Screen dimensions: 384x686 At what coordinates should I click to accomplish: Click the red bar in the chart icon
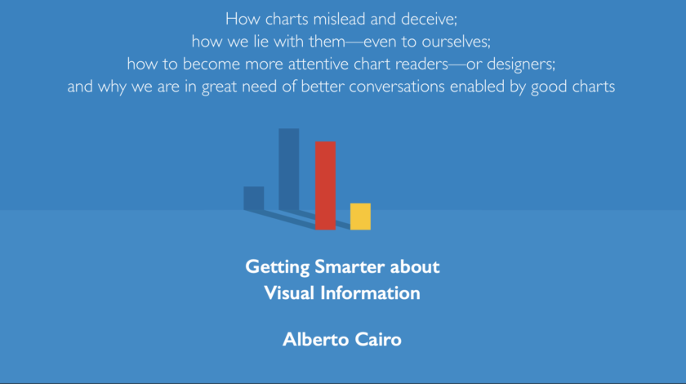pyautogui.click(x=325, y=185)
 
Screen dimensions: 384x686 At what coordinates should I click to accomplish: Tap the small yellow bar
pyautogui.click(x=360, y=217)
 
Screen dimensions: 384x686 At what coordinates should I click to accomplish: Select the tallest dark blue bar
pyautogui.click(x=288, y=169)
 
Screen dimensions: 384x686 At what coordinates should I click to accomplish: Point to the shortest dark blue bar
pyautogui.click(x=253, y=198)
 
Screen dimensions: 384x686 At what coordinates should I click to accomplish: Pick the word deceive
pyautogui.click(x=434, y=18)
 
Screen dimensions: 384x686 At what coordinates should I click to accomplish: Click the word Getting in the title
pyautogui.click(x=274, y=267)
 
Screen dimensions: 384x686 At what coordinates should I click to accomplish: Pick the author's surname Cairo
pyautogui.click(x=376, y=339)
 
